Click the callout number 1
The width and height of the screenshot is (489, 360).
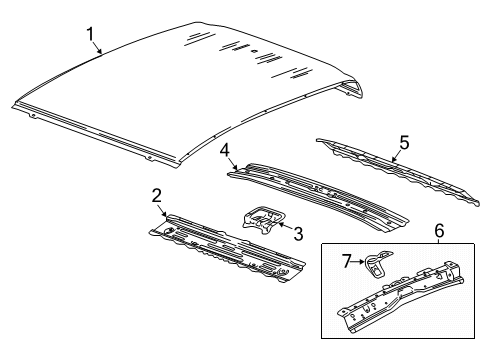coord(91,36)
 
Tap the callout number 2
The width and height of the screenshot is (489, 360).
coord(157,194)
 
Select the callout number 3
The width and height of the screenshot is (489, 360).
coord(297,233)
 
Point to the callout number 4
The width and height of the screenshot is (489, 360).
coord(226,152)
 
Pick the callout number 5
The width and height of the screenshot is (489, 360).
coord(404,142)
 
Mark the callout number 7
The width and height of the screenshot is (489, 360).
coord(347,261)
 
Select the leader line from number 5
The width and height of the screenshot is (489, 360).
coord(395,151)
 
